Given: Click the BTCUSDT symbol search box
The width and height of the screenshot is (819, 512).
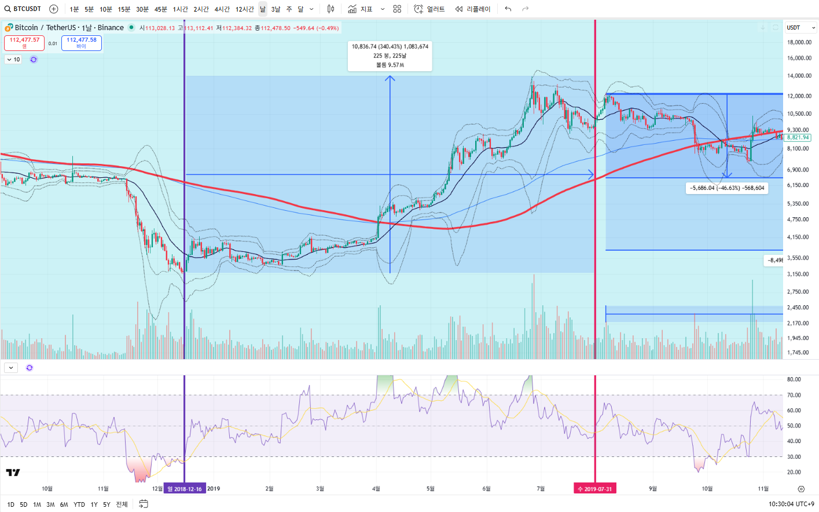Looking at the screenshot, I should pyautogui.click(x=23, y=9).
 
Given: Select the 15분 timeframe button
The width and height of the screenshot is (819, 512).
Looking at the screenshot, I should pyautogui.click(x=124, y=9).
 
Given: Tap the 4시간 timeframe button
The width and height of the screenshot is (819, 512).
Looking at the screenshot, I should pyautogui.click(x=222, y=9).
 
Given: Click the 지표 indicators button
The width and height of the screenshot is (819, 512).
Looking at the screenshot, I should pyautogui.click(x=361, y=9).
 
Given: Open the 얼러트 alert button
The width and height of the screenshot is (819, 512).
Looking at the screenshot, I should pyautogui.click(x=429, y=9).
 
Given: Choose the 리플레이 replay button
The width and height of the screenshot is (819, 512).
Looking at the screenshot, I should pyautogui.click(x=473, y=9).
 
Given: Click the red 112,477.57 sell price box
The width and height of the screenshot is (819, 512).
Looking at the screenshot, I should pyautogui.click(x=24, y=42).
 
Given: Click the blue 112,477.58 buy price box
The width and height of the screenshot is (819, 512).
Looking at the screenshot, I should pyautogui.click(x=81, y=42).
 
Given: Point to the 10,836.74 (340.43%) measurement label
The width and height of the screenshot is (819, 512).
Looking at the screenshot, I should pyautogui.click(x=390, y=46).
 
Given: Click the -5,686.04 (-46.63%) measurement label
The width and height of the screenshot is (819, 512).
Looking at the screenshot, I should pyautogui.click(x=727, y=188).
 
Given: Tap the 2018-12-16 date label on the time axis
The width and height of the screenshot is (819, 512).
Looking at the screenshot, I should pyautogui.click(x=185, y=489).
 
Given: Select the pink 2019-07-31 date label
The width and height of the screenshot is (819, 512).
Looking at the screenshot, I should pyautogui.click(x=594, y=489).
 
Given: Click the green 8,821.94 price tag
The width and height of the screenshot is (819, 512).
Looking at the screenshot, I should pyautogui.click(x=798, y=137).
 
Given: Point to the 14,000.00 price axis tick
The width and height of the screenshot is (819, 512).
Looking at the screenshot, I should pyautogui.click(x=799, y=76).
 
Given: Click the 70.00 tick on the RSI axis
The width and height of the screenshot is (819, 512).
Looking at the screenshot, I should pyautogui.click(x=794, y=395).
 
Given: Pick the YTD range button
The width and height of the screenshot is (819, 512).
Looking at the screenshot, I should pyautogui.click(x=79, y=504).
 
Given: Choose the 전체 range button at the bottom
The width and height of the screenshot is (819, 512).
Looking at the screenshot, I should pyautogui.click(x=122, y=504).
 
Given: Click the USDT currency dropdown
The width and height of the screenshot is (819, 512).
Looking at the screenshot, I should pyautogui.click(x=800, y=27).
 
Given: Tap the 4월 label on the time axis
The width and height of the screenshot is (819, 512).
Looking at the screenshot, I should pyautogui.click(x=376, y=489).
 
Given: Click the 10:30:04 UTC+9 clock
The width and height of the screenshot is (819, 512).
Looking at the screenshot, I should pyautogui.click(x=791, y=504).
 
